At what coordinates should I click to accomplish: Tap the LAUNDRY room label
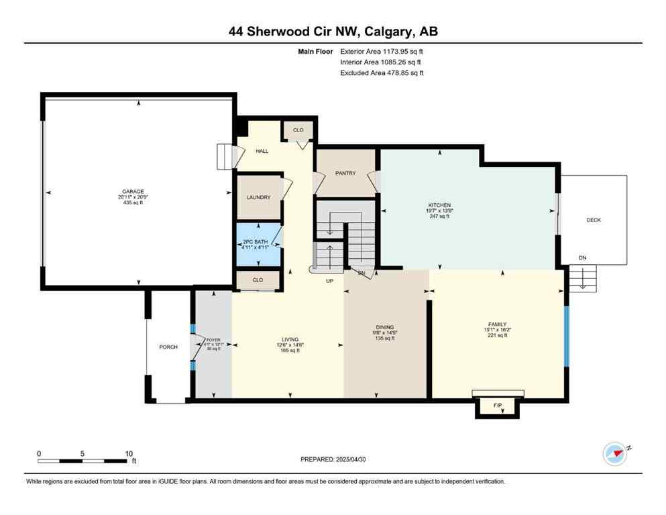(258, 197)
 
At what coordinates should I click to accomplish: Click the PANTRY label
(345, 173)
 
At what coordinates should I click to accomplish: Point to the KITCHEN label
(439, 205)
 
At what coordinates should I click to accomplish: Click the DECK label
(594, 220)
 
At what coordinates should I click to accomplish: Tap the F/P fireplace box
(498, 406)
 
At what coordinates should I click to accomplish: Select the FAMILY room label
(497, 323)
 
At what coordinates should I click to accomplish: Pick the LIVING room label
(290, 339)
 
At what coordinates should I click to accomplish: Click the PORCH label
(168, 347)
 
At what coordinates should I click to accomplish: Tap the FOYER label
(213, 340)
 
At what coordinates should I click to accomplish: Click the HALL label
(262, 151)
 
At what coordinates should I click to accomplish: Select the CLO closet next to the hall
(298, 129)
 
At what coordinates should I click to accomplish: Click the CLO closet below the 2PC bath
(258, 280)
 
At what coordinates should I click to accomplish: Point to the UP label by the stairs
(329, 280)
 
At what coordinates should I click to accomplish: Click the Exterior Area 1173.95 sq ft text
(382, 51)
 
